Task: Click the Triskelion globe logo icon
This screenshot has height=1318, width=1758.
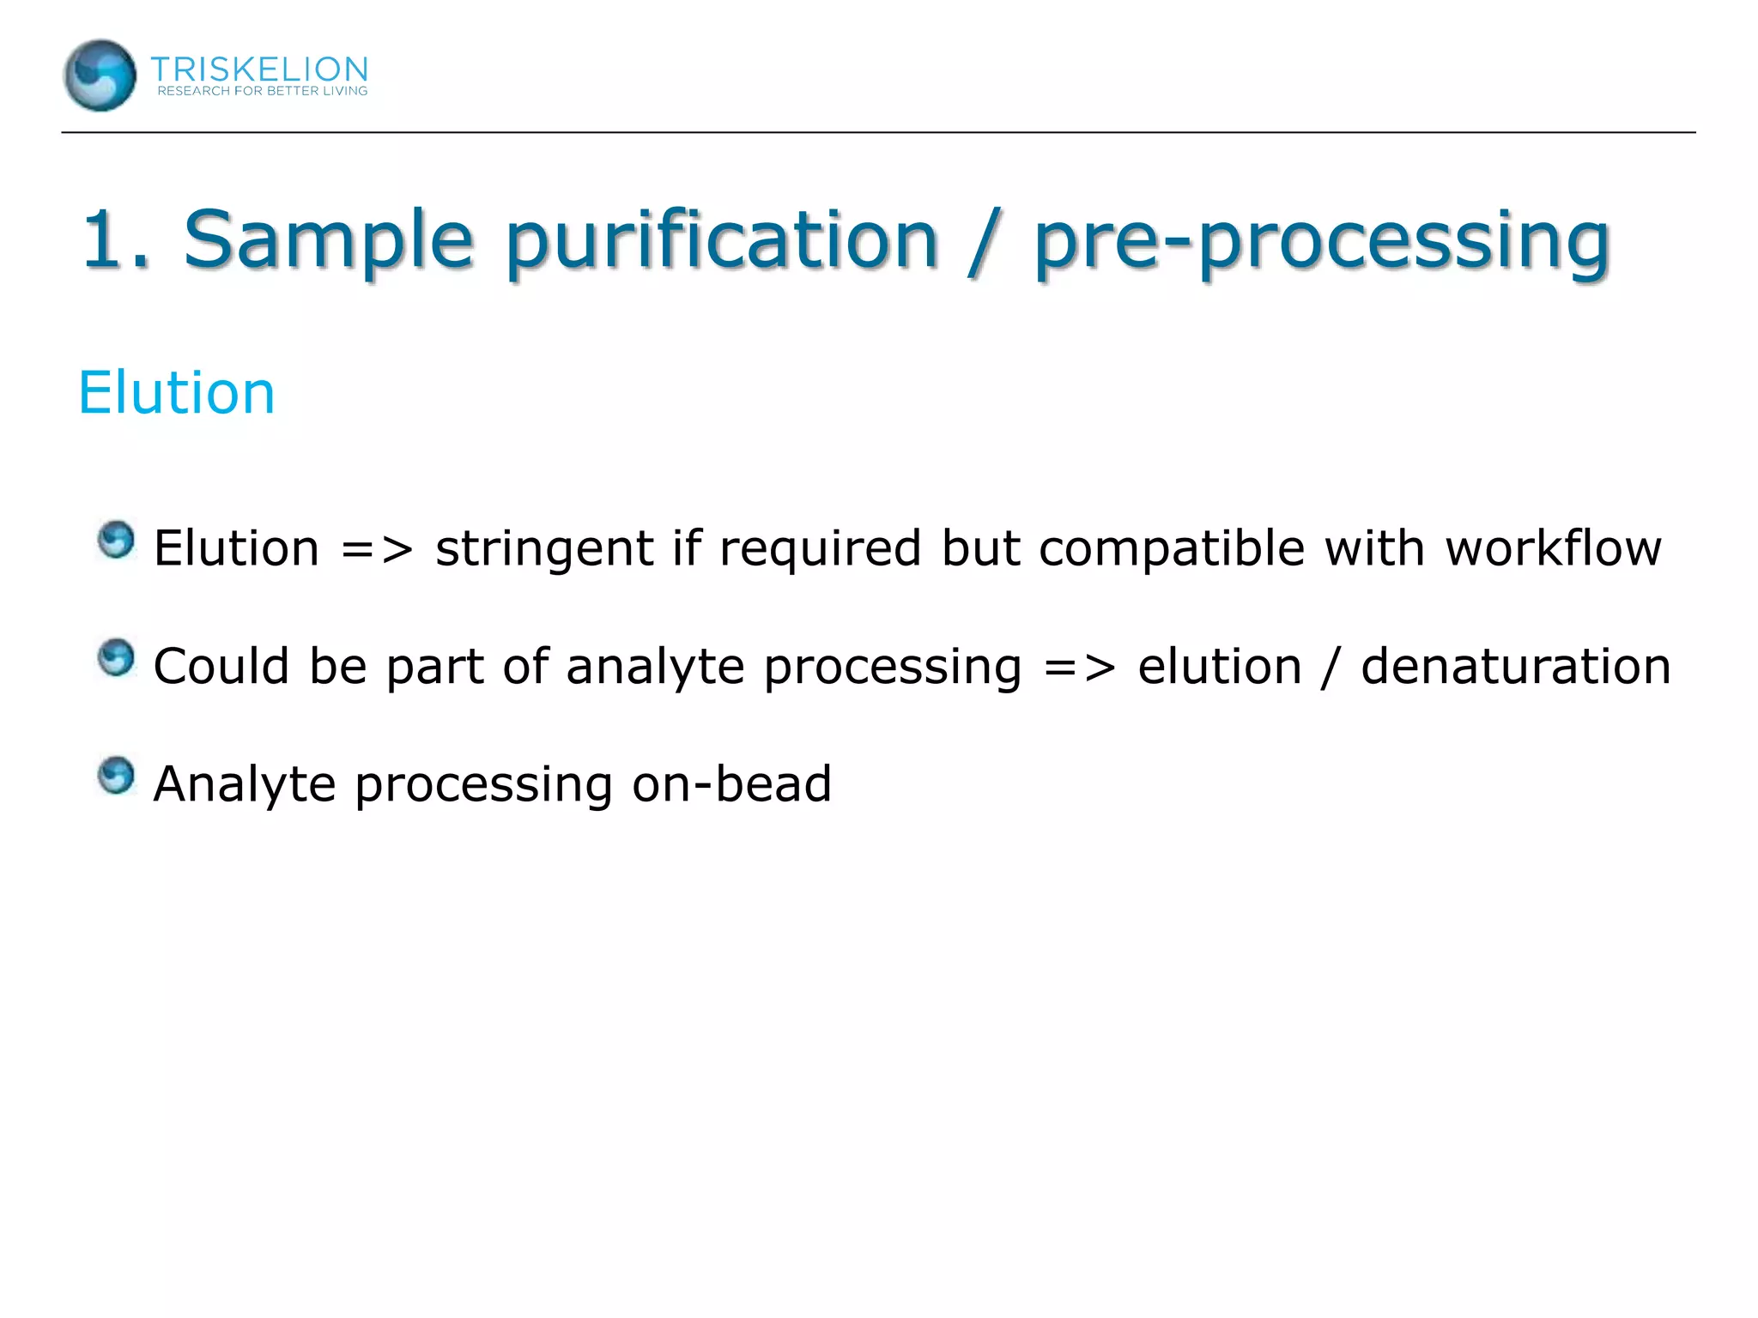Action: [100, 76]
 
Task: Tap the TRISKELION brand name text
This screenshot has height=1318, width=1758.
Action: [259, 68]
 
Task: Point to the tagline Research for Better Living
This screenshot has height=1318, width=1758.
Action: [262, 91]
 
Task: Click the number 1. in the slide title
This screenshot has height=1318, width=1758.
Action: [115, 239]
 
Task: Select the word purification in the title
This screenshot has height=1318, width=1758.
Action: [720, 241]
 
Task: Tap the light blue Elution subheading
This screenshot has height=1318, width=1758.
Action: [176, 393]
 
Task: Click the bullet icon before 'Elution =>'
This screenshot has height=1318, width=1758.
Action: [116, 541]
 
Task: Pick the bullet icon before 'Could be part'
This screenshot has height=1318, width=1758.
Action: [116, 658]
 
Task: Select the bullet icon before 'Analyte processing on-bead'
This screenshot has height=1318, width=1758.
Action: [116, 776]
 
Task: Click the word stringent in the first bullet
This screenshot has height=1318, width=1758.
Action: [544, 549]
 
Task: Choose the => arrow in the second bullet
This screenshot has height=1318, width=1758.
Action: [1079, 667]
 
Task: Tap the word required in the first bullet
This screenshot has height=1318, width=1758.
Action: [820, 549]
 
